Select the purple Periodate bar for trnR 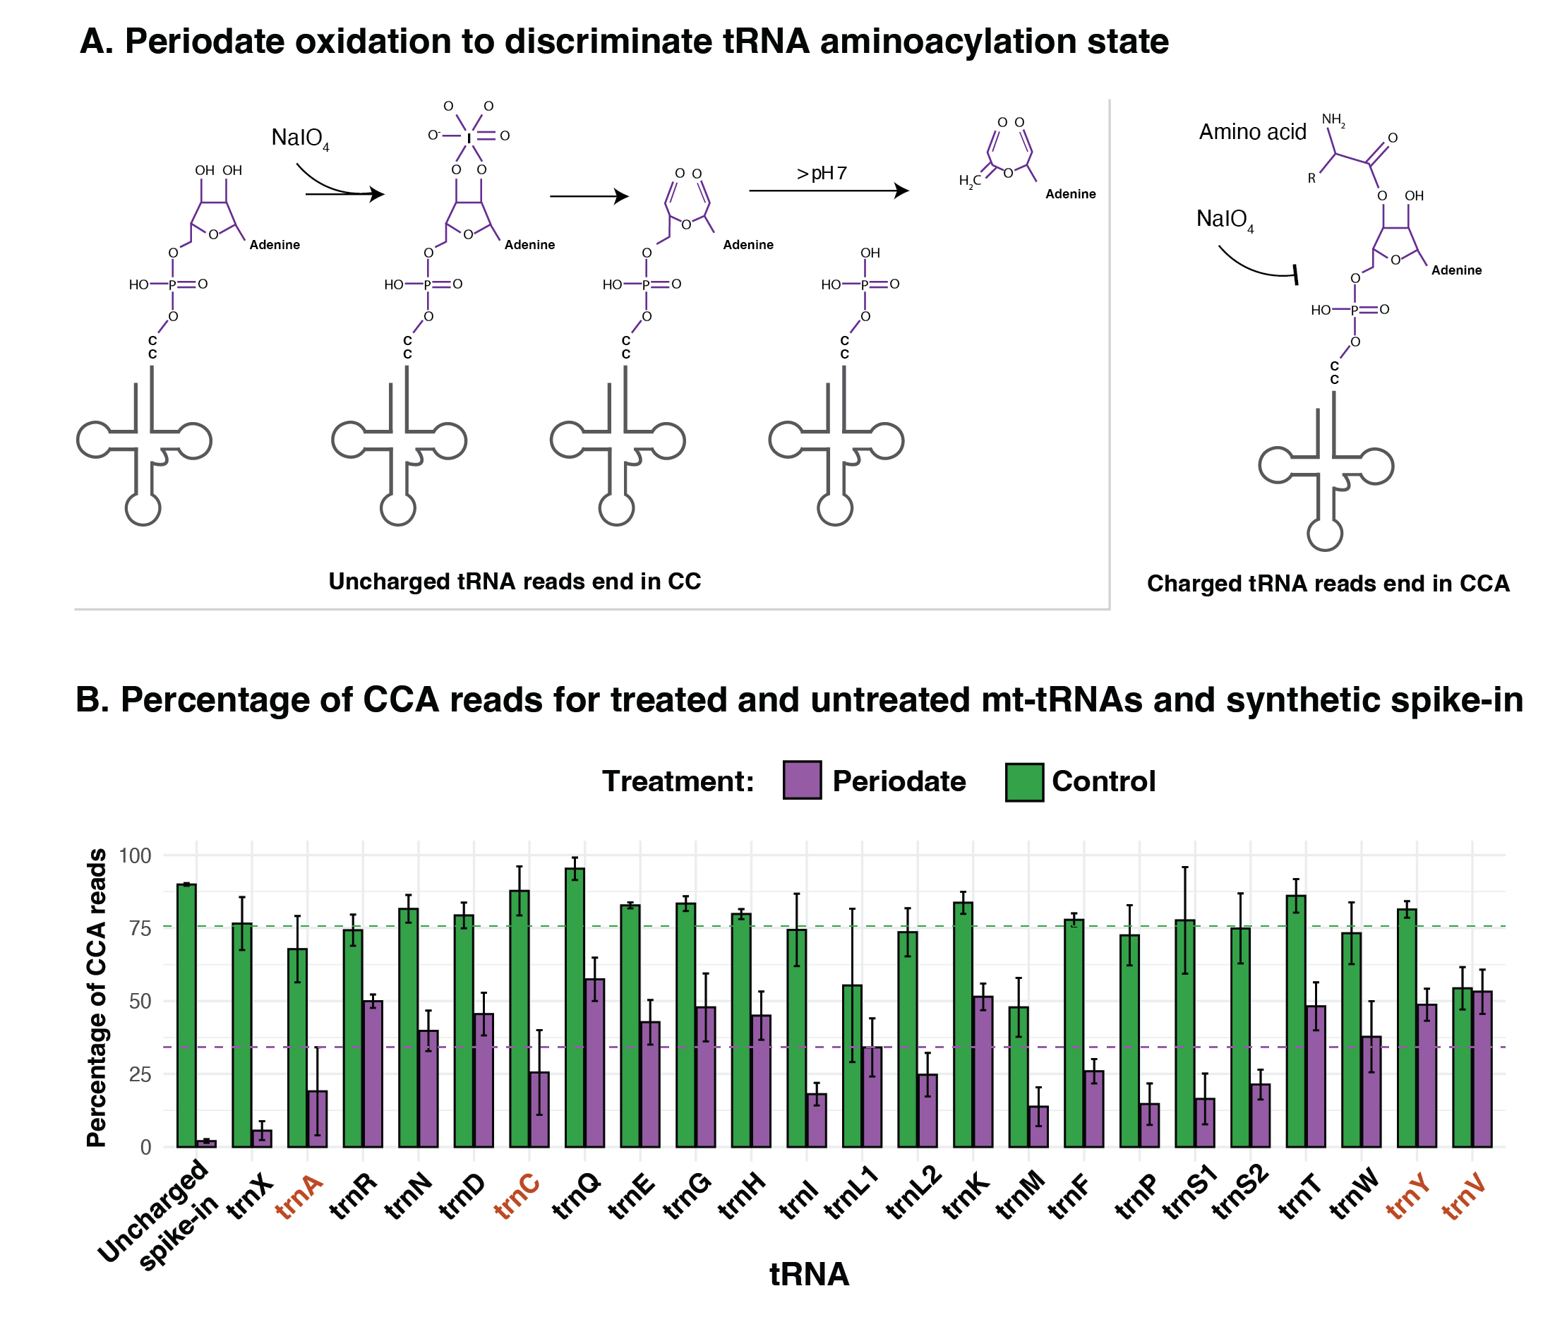(373, 1074)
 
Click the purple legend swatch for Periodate (802, 780)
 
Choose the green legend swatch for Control (1024, 781)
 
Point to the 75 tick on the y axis (140, 928)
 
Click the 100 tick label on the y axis (135, 855)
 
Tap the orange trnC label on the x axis (517, 1197)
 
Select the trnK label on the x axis (966, 1197)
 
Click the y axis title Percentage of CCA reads (96, 998)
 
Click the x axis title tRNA (809, 1274)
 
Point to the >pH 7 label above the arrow (822, 174)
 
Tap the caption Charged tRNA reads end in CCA (1328, 583)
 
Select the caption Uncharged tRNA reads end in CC (515, 581)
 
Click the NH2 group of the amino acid (1333, 119)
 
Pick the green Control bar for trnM (1018, 1076)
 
